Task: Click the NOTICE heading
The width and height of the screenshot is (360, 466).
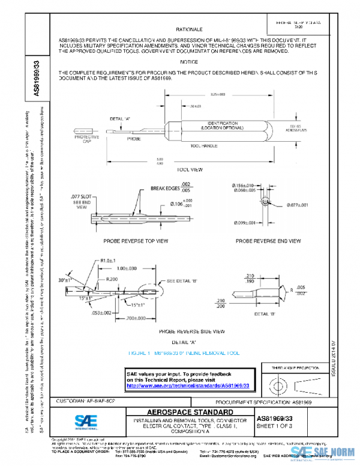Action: [188, 62]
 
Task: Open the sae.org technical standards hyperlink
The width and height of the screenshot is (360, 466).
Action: [188, 385]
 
